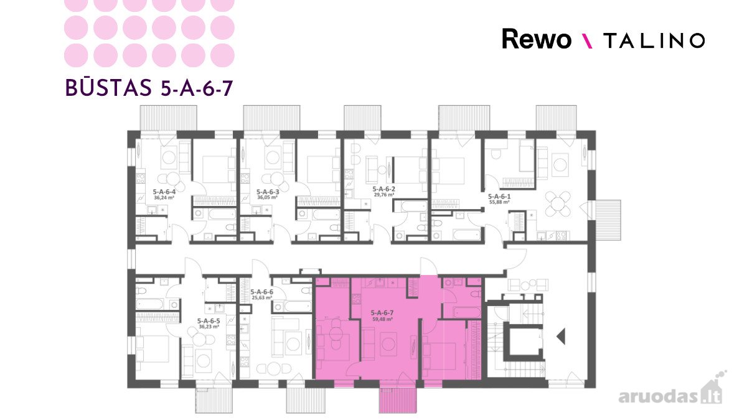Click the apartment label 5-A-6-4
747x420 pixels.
[164, 192]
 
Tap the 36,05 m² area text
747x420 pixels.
[267, 197]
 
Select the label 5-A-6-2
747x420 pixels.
[384, 189]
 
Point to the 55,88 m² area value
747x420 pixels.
[499, 202]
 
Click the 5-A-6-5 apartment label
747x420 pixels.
[209, 321]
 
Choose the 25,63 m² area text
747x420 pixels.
[262, 297]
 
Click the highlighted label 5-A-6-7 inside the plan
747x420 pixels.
[382, 313]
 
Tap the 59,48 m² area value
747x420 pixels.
[382, 319]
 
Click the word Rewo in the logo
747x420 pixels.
[537, 39]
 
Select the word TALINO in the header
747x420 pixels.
[654, 40]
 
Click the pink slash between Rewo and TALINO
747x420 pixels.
[587, 41]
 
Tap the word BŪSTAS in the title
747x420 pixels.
[108, 88]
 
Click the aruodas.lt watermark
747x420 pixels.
[670, 393]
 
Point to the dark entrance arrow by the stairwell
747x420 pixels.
[561, 336]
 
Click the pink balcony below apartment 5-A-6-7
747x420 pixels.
[398, 401]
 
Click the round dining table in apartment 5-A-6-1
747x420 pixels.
[557, 203]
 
